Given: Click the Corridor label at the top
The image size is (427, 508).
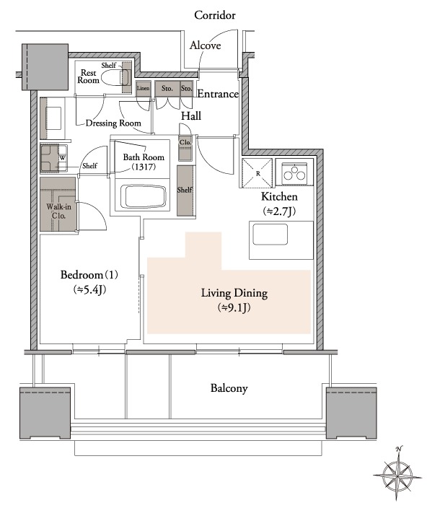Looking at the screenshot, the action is click(x=215, y=15).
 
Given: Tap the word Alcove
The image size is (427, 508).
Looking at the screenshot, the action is click(x=206, y=45).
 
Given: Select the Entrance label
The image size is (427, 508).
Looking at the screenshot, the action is click(x=218, y=94).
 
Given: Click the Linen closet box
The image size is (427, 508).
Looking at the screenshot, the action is click(x=143, y=89).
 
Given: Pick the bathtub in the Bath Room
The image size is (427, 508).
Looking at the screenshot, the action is click(x=143, y=197).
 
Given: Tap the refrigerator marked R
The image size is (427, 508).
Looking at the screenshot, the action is click(x=257, y=173).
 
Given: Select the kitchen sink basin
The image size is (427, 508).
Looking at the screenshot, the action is click(x=270, y=235).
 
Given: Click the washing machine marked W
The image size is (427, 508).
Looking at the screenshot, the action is click(x=54, y=158).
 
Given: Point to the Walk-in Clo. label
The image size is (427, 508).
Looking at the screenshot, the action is click(x=58, y=211).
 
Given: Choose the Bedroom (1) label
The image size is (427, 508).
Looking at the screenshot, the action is click(x=89, y=275).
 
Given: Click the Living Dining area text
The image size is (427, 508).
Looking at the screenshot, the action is click(x=234, y=293).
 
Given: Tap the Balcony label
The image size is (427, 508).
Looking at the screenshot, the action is click(x=229, y=388).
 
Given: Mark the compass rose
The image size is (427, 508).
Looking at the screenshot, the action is click(x=397, y=474).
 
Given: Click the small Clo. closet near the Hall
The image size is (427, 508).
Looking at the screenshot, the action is click(x=185, y=148).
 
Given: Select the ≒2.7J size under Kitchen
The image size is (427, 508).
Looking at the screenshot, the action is click(x=279, y=211).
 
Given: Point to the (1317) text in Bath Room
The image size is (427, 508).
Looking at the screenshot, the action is click(x=144, y=167).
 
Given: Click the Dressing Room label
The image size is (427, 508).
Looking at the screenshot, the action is click(x=113, y=123).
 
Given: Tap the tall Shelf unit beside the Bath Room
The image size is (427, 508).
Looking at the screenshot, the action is click(x=185, y=190).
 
